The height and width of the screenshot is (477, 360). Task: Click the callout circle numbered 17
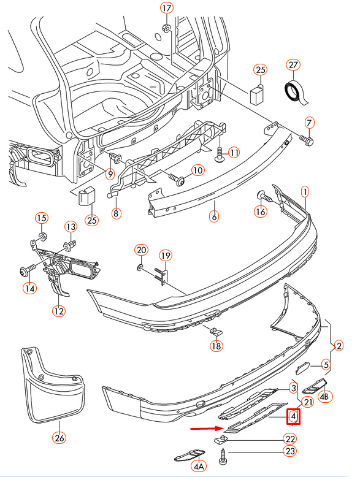click(167, 8)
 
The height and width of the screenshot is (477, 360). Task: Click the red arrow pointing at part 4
click(205, 429)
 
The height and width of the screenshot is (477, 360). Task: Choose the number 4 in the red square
click(294, 418)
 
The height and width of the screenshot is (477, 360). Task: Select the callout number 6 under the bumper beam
click(213, 216)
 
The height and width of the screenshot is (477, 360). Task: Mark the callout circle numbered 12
click(58, 311)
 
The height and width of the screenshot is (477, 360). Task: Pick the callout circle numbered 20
click(141, 250)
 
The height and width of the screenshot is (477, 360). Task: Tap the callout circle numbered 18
click(215, 346)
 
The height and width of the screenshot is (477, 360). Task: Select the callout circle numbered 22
click(289, 438)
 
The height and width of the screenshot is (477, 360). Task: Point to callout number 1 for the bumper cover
click(304, 192)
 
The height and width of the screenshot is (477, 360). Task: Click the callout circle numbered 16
click(261, 212)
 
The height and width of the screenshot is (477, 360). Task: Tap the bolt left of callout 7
click(307, 140)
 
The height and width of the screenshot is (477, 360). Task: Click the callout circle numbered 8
click(116, 213)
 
